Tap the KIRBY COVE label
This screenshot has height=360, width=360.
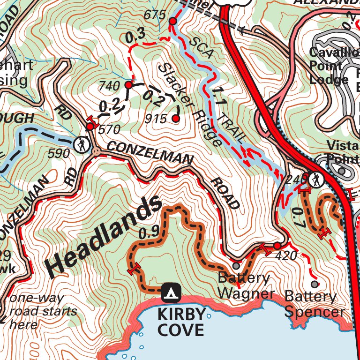181,322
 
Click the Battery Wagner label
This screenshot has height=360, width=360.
246,286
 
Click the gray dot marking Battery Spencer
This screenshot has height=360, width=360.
315,284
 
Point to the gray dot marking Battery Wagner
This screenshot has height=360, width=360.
236,265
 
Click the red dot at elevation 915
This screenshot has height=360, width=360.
176,119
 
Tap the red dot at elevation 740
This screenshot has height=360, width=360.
128,85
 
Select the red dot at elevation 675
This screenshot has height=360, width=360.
172,22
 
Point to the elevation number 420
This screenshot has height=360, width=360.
286,255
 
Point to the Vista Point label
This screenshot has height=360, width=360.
342,151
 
